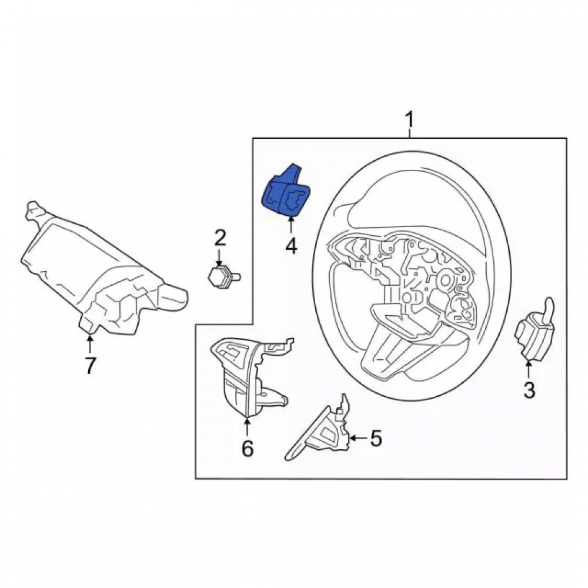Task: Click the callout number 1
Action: [409, 119]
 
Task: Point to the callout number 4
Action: [292, 246]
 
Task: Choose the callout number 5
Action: [376, 438]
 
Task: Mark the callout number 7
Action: [90, 365]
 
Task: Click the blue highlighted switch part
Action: [286, 192]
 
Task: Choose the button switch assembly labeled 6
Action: [249, 375]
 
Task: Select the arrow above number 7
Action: [90, 344]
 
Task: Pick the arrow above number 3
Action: [529, 370]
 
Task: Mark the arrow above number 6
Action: [247, 427]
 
